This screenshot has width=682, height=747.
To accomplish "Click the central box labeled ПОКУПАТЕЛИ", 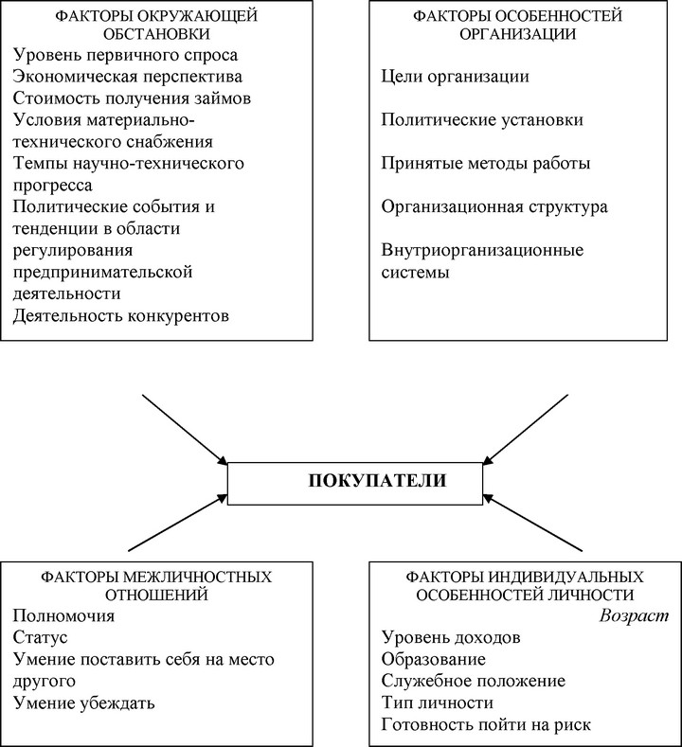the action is coord(355,484).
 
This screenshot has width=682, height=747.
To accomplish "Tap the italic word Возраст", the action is coord(634,615).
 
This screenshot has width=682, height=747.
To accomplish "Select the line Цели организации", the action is coord(456,77).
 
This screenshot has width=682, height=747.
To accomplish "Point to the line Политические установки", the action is coord(482,119).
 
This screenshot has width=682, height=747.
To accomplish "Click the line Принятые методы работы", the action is coord(486,164).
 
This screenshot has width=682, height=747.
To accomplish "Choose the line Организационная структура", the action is coord(494,206).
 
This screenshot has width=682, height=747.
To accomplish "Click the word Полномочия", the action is coord(63,615).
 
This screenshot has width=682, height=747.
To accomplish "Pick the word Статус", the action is coord(41,637).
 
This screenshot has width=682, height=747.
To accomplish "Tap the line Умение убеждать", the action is coord(84,703).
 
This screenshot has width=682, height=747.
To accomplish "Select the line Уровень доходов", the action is coord(451,637).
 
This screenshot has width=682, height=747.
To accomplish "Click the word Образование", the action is coord(434,659).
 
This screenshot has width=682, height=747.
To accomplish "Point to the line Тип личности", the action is coord(438,703).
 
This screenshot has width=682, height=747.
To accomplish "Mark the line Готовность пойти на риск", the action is coord(486,724).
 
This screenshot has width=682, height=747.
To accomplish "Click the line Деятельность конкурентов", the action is coord(121,315).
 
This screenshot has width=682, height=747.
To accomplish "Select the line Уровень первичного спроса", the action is coord(125,55).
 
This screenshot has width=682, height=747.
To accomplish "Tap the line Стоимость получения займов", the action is coord(132,98).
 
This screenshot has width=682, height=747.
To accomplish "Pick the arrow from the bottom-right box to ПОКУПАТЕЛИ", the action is coord(532,523).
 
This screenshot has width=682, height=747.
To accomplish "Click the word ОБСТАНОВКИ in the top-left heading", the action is coord(156,34).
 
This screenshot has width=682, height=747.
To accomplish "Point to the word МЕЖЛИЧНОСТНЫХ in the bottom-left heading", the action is coord(197,577).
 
